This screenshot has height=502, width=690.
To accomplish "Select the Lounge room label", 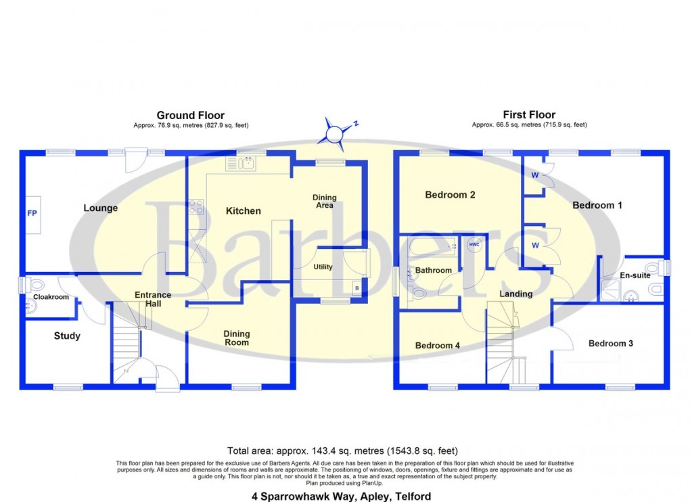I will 100,208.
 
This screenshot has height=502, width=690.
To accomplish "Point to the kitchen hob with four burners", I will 196,206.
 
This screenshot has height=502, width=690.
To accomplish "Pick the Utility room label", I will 323,267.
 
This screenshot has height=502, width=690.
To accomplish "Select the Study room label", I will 66,336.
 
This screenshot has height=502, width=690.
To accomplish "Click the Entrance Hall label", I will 153,299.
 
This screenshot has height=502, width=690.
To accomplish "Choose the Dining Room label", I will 237,338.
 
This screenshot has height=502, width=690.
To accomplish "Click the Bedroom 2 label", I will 450,195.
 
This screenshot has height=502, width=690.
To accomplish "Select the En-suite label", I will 635,275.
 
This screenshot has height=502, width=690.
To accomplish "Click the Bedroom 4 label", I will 437,346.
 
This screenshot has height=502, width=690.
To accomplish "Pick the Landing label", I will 515,294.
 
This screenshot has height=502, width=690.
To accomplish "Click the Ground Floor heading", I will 190,115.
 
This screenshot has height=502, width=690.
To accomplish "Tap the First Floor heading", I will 529,115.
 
